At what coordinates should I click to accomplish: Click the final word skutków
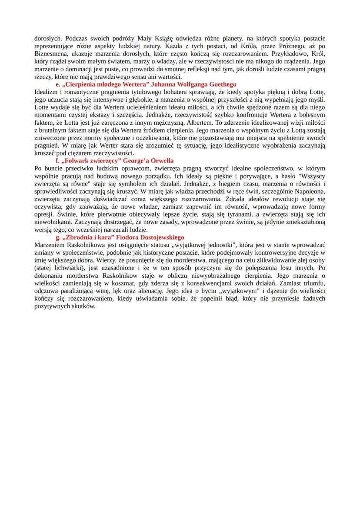[83, 306]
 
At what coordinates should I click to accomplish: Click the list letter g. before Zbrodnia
[58, 237]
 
